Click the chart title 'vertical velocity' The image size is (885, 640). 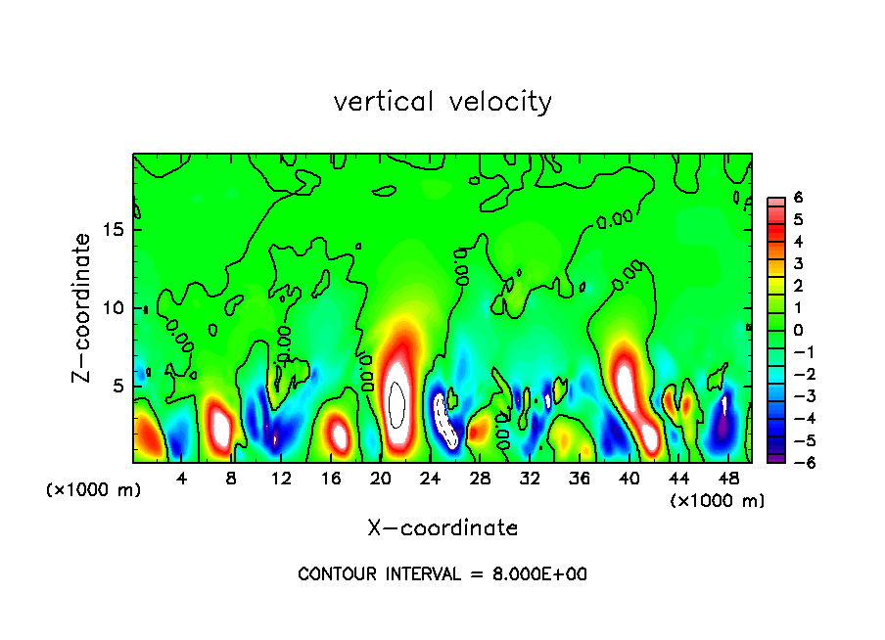point(442,102)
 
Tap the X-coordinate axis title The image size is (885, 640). point(442,528)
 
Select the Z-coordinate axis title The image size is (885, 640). point(82,307)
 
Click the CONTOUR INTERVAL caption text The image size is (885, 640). point(442,574)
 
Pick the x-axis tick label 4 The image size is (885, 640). point(182,479)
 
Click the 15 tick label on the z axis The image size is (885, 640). point(115,231)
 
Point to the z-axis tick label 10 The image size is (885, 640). point(115,308)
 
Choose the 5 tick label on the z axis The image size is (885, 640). point(119,386)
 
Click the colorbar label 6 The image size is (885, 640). point(798,198)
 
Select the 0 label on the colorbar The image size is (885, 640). point(798,330)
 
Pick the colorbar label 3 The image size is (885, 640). point(798,263)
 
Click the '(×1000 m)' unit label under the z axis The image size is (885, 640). point(94,490)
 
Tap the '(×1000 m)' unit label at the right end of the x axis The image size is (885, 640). point(718,501)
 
